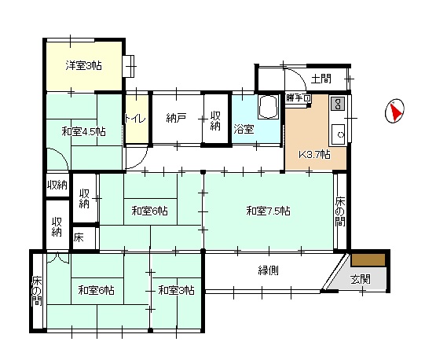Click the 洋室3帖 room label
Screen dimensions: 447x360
83,65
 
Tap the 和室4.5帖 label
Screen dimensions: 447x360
84,131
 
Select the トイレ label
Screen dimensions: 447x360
136,118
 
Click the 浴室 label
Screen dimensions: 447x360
244,129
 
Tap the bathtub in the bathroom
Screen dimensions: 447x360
268,106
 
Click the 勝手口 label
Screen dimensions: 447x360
298,98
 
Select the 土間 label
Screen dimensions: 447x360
321,79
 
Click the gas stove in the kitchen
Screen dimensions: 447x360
338,103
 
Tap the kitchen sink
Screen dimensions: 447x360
338,134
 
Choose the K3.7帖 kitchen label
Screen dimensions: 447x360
315,155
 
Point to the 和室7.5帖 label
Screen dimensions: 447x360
268,211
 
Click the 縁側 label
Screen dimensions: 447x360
268,270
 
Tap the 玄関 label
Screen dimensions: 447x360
361,279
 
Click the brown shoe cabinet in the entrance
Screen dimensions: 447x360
368,260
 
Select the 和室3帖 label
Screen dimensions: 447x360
177,290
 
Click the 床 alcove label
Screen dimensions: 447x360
79,237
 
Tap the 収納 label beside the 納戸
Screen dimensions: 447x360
215,120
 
